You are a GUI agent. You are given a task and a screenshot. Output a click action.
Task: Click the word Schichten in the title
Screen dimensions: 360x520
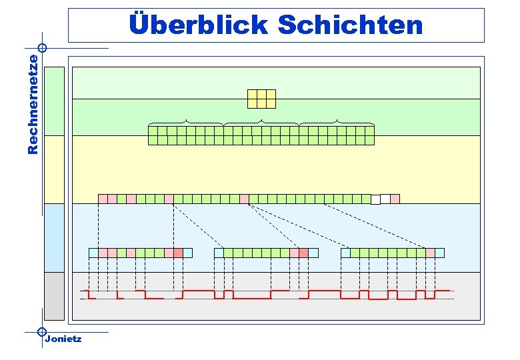pos(350,25)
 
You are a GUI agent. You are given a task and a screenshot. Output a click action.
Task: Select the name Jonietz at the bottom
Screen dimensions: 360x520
pos(63,339)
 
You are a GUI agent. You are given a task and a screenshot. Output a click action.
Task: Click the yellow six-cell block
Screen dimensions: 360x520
pos(261,99)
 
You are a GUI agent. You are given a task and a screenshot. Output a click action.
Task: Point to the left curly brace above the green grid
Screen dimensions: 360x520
pos(185,123)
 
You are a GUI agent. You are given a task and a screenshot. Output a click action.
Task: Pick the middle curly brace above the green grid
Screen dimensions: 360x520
pos(261,123)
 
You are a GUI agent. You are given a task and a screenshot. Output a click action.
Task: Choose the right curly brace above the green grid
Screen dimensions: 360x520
pos(337,123)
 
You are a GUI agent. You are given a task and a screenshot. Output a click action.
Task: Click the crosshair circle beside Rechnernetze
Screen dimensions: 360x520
pos(42,48)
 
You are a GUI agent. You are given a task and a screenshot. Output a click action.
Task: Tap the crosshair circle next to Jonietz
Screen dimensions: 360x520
pos(42,331)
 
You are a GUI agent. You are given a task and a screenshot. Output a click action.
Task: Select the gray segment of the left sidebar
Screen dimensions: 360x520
pos(54,296)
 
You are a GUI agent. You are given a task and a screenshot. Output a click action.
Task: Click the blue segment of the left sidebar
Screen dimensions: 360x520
pos(54,237)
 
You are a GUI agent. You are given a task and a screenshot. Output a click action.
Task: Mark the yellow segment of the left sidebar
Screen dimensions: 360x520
pos(54,169)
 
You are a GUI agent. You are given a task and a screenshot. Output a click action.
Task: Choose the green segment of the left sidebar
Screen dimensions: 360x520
pos(54,101)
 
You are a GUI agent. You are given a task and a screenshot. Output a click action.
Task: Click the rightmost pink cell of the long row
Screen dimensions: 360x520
pos(395,199)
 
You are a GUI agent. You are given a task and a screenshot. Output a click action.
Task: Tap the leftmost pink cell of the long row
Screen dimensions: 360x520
pos(103,199)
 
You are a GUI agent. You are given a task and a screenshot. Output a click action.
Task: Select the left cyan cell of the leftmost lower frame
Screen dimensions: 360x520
pos(93,253)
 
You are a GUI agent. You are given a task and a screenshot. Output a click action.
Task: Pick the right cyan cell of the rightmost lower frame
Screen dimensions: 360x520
pos(439,253)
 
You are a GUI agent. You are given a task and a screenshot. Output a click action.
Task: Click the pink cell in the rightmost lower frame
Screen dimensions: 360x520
pos(430,253)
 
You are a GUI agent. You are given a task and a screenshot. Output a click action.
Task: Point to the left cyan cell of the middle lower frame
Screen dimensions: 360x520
pos(219,253)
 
